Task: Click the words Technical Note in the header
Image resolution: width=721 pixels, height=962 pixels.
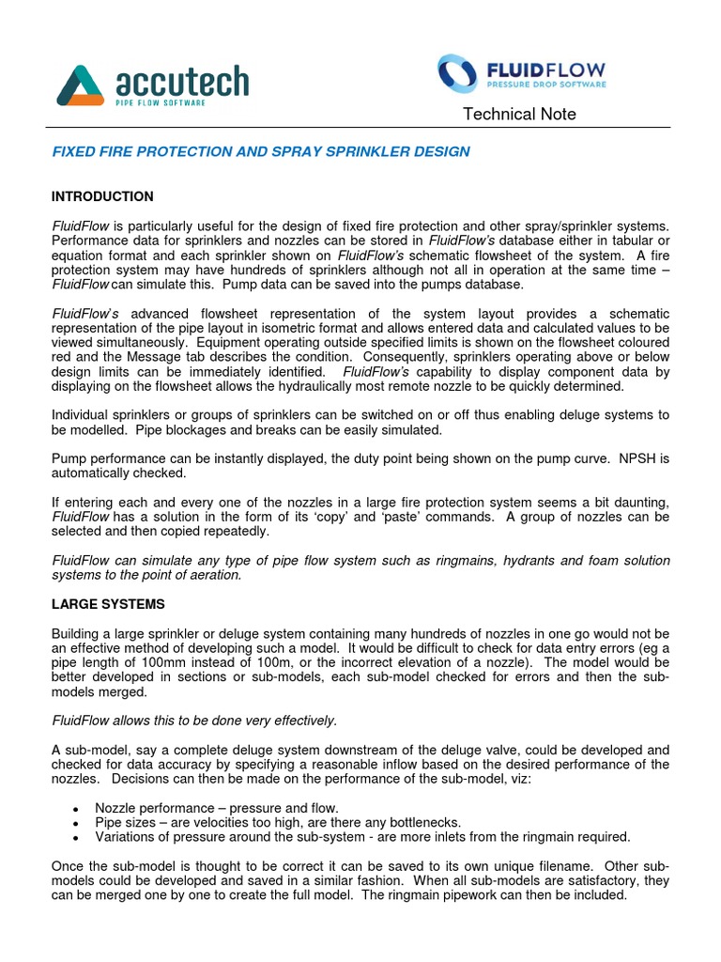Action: (x=519, y=115)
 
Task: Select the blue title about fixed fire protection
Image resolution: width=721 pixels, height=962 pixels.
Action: (x=260, y=152)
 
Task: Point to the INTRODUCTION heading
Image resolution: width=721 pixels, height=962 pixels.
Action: (x=102, y=197)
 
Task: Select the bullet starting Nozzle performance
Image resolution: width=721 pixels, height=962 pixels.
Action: (x=216, y=808)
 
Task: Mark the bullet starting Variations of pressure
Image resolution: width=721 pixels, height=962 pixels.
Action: (x=362, y=837)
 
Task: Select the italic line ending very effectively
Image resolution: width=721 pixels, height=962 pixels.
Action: (x=193, y=721)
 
